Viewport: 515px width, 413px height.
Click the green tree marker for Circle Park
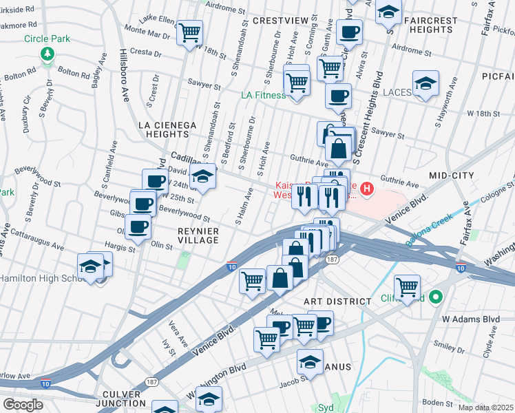click(x=47, y=53)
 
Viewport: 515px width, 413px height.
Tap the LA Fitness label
click(x=263, y=95)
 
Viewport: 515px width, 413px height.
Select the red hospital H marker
click(x=367, y=187)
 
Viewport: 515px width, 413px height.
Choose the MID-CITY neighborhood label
click(x=451, y=176)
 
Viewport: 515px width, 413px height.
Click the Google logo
click(x=23, y=405)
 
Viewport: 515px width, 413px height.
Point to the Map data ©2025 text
click(x=485, y=407)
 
